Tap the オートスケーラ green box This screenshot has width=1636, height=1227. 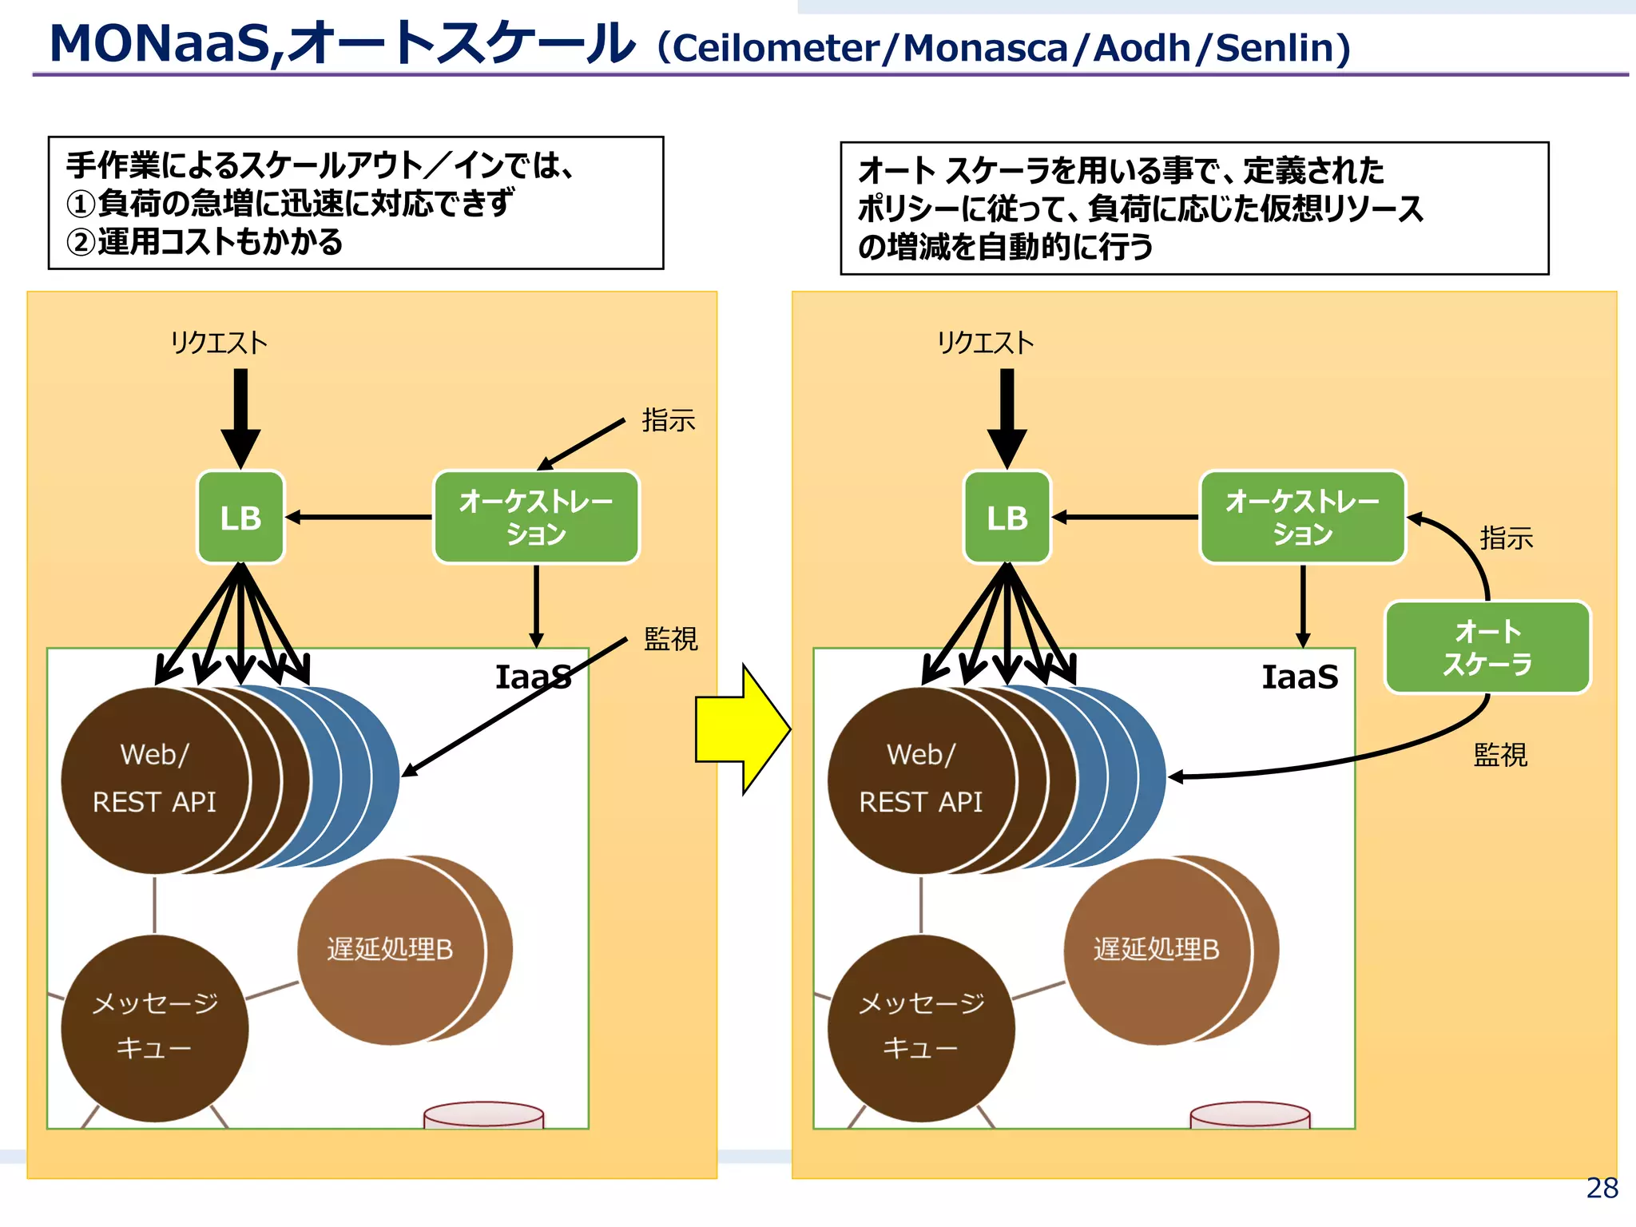pyautogui.click(x=1487, y=648)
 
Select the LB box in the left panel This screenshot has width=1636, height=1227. pyautogui.click(x=240, y=518)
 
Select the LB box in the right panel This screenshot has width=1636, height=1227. pyautogui.click(x=1007, y=518)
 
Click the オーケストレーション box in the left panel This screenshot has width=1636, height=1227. pyautogui.click(x=536, y=518)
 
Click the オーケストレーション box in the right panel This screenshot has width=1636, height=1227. pyautogui.click(x=1302, y=518)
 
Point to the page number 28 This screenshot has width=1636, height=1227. pyautogui.click(x=1602, y=1188)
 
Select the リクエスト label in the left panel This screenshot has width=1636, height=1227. pyautogui.click(x=218, y=343)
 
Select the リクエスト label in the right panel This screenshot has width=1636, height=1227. pyautogui.click(x=985, y=343)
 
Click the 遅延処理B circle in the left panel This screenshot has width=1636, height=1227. pyautogui.click(x=391, y=951)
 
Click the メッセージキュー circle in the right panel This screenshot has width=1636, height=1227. pyautogui.click(x=920, y=1027)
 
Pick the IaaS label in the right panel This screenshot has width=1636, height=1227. pyautogui.click(x=1300, y=677)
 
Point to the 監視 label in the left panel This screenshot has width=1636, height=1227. pyautogui.click(x=670, y=639)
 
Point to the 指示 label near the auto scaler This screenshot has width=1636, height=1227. pyautogui.click(x=1506, y=538)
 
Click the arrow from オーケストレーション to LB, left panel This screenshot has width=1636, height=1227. pyautogui.click(x=359, y=518)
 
